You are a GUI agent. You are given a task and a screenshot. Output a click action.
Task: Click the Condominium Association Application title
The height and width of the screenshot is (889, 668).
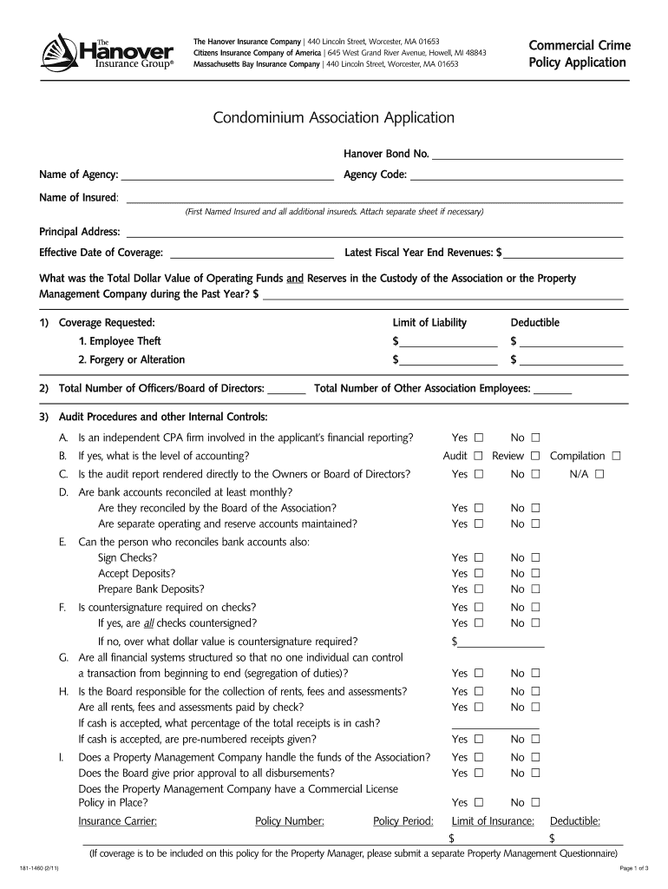pos(334,117)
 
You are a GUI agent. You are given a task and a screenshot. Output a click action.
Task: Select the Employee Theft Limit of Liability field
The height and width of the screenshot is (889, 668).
pos(449,341)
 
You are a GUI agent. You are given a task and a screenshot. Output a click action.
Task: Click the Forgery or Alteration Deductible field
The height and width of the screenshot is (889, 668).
pos(571,359)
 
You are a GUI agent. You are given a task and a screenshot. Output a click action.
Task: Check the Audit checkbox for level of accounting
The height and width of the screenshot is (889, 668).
pos(478,456)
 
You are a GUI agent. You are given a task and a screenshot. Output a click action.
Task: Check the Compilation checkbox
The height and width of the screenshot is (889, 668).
pos(616,456)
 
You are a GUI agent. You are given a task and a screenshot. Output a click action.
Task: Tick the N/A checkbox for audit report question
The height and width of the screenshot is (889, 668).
pos(599,474)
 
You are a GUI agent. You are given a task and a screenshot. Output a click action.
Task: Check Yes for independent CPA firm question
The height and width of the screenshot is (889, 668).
pos(478,437)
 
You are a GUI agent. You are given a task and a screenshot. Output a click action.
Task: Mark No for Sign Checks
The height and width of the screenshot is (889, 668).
pos(536,557)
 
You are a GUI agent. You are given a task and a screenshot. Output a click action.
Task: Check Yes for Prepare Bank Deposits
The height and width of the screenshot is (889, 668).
pos(478,589)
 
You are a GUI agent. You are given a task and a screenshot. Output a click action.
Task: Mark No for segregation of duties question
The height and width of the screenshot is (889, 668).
pos(536,673)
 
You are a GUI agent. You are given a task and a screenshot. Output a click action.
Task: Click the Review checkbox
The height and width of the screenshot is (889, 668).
pos(536,456)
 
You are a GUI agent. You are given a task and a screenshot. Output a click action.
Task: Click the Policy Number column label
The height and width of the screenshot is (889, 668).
pos(290,820)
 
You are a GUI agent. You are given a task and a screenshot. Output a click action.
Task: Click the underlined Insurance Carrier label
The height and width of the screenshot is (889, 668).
pos(118,820)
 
